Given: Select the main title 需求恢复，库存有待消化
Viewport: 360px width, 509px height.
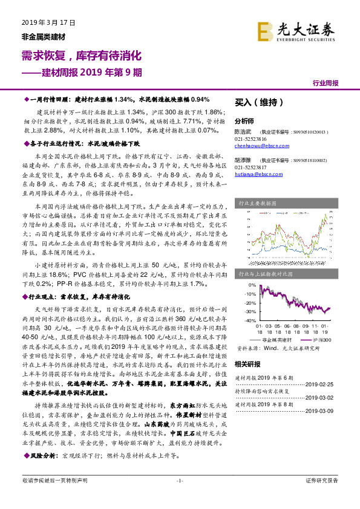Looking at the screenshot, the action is (x=81, y=56).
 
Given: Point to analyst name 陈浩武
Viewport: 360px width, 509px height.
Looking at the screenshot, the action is (x=243, y=131).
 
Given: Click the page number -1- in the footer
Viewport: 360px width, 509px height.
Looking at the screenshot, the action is (x=179, y=481).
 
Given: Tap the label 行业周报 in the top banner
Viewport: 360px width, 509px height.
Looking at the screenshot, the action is (x=326, y=83).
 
